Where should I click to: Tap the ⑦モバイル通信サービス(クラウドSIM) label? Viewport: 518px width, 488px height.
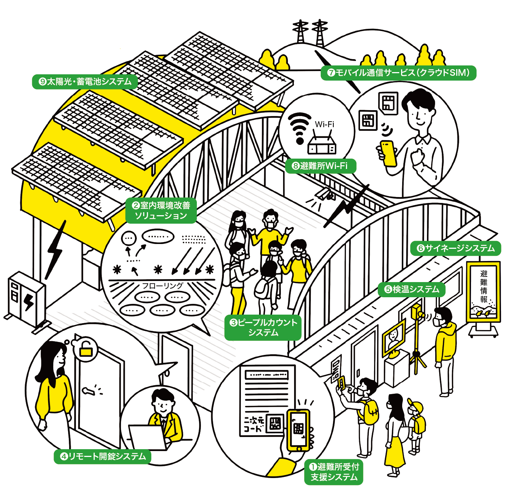coord(398,72)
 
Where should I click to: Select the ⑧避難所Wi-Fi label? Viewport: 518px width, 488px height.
coord(320,166)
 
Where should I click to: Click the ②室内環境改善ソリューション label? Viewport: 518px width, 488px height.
coord(161,210)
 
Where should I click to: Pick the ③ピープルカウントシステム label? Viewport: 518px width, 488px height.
coord(263,327)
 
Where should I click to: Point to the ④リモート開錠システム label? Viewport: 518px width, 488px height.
coord(103,457)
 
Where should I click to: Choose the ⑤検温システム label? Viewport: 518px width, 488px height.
coord(411,289)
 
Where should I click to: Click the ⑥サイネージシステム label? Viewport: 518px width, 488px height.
coord(455,248)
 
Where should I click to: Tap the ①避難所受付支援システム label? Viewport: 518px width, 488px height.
coord(334,472)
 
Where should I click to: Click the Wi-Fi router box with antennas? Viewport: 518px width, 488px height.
coord(322,145)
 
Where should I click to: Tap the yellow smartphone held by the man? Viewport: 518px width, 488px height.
coord(388,153)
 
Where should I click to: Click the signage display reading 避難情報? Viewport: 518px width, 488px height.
coord(484,292)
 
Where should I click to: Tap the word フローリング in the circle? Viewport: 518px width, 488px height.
coord(162,286)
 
